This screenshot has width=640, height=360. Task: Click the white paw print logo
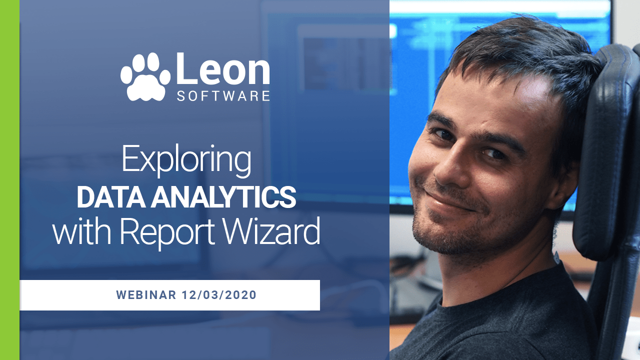click(x=145, y=76)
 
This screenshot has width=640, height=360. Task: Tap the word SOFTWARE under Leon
click(x=223, y=95)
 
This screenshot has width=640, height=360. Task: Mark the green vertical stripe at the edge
click(x=9, y=180)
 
